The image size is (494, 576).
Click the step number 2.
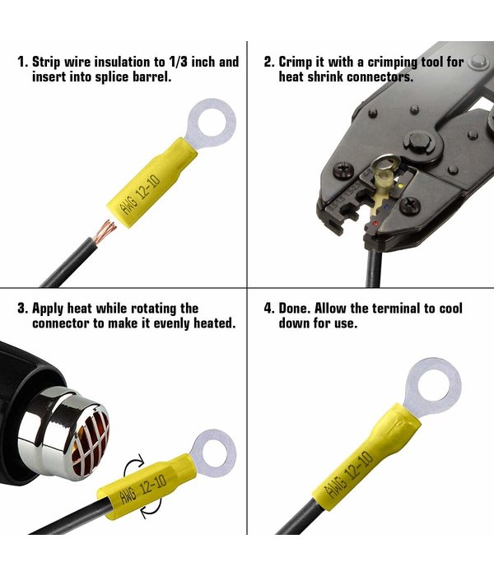pyautogui.click(x=268, y=62)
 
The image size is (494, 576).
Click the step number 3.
pyautogui.click(x=21, y=309)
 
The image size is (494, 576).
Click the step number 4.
pyautogui.click(x=268, y=309)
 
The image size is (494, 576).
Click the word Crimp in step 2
pyautogui.click(x=297, y=62)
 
